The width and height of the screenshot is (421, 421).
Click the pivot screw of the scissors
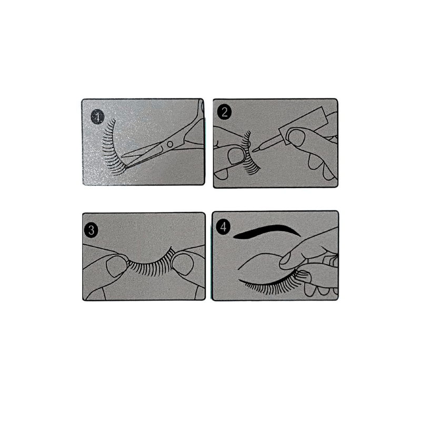(169, 144)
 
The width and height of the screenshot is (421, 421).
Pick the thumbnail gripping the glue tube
(302, 139)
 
